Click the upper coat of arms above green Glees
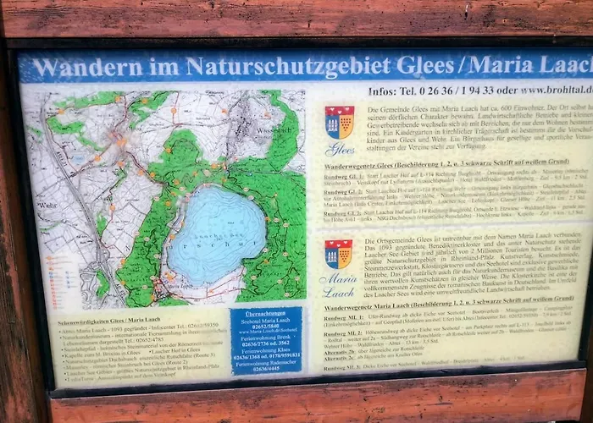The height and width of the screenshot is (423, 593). coord(339,122)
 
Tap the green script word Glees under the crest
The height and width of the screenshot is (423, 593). coord(340,150)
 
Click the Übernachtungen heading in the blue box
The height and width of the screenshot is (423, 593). coord(265,313)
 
